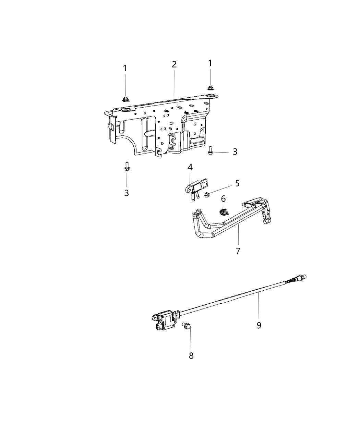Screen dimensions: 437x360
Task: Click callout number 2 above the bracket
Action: point(174,64)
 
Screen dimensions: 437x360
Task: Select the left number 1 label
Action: point(125,68)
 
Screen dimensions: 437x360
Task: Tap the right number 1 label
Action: point(210,63)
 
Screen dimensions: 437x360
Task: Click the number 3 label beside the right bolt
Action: point(235,151)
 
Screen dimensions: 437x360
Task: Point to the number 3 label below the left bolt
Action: point(127,193)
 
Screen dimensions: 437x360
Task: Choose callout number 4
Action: point(190,167)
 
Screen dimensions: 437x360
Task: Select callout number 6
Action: point(223,198)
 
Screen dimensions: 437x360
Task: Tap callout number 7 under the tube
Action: point(238,251)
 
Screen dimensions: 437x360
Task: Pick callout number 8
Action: point(191,356)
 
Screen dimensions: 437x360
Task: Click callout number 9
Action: point(259,325)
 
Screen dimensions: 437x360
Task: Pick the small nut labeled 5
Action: point(207,195)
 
